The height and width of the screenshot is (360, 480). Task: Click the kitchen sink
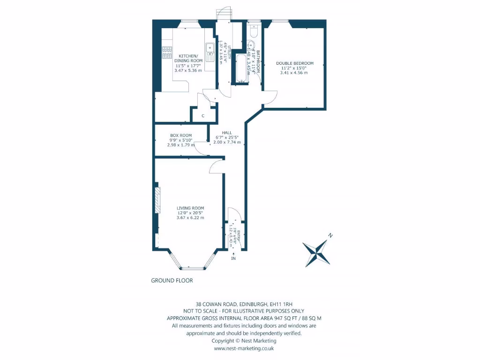(210, 48)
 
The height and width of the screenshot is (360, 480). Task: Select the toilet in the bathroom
(253, 31)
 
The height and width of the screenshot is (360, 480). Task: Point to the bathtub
(241, 69)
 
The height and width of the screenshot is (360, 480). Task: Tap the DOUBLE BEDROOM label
(294, 63)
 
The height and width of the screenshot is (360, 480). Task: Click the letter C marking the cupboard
(203, 116)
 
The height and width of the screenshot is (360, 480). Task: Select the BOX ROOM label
(181, 135)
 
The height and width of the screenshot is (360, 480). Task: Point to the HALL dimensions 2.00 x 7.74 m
(227, 142)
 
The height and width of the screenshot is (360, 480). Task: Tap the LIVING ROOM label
(190, 208)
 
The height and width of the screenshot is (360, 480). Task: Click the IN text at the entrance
(233, 258)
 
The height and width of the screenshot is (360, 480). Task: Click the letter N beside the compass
(330, 235)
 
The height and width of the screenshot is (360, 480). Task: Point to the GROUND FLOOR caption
(172, 281)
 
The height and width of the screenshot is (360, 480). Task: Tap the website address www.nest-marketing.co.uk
(243, 348)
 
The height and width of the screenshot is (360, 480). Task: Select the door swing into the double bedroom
(270, 97)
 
